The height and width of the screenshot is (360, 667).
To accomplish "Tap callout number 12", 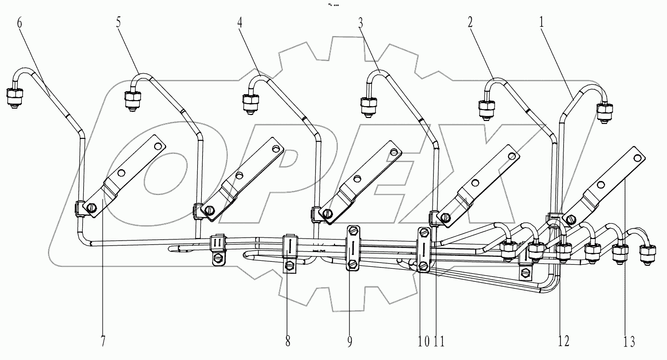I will pyautogui.click(x=563, y=341).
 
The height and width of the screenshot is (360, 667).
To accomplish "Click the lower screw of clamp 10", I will pyautogui.click(x=424, y=267).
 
